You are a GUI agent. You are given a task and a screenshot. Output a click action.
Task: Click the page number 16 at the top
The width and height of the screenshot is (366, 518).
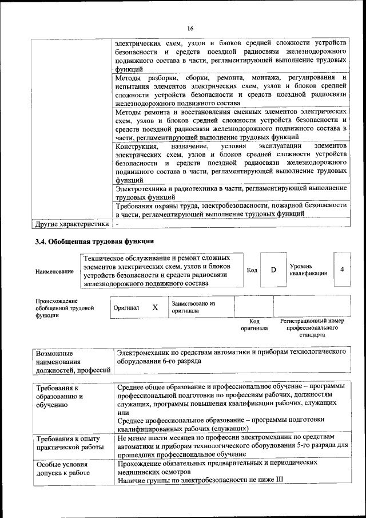190,29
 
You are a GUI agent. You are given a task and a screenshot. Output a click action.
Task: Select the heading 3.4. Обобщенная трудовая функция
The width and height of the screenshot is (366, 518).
94,240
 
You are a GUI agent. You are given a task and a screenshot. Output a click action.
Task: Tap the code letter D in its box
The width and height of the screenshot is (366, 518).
273,270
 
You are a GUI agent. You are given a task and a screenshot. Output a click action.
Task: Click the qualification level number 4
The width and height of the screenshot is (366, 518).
342,269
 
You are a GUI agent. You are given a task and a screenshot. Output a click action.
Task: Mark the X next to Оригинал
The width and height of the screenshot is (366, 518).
155,307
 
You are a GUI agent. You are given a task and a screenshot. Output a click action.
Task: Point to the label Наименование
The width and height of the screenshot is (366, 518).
54,271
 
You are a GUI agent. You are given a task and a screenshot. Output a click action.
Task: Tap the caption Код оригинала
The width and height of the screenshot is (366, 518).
254,325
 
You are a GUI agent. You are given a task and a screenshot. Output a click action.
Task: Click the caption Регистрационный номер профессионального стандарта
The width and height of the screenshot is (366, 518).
312,328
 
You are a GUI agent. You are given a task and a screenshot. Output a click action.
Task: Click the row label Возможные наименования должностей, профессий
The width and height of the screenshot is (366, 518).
72,362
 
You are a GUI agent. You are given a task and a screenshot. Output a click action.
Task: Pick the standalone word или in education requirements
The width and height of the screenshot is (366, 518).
121,412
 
